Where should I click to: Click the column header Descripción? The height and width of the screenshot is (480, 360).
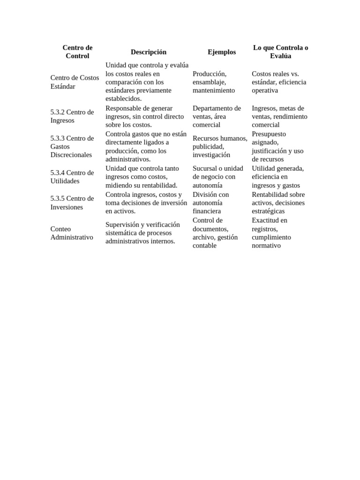point(148,52)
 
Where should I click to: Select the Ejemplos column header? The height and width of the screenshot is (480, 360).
point(222,52)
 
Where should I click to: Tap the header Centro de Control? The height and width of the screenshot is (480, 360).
point(77,52)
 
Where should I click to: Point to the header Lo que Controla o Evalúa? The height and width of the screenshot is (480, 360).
point(280,52)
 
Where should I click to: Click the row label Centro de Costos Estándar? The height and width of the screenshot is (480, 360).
point(75,82)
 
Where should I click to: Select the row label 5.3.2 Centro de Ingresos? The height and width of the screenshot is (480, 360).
point(72,116)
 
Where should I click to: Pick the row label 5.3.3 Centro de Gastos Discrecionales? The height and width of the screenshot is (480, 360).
point(72,146)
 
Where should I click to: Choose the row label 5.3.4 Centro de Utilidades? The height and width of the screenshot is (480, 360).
point(72,177)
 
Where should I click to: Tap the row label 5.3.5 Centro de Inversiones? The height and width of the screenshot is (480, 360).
point(72,202)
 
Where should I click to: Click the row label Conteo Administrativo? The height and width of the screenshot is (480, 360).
point(72,233)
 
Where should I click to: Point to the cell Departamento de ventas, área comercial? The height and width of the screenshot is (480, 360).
point(217,116)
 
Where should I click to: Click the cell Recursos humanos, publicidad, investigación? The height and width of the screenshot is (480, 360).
point(219,146)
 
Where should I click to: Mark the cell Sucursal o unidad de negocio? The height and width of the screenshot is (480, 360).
point(217,177)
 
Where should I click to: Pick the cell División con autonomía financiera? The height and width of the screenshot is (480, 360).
point(211,202)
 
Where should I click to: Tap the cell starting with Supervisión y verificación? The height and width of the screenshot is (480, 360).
point(142,233)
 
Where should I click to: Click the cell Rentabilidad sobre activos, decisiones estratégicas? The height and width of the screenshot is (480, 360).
point(278,202)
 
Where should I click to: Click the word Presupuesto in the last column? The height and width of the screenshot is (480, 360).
point(269,134)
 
